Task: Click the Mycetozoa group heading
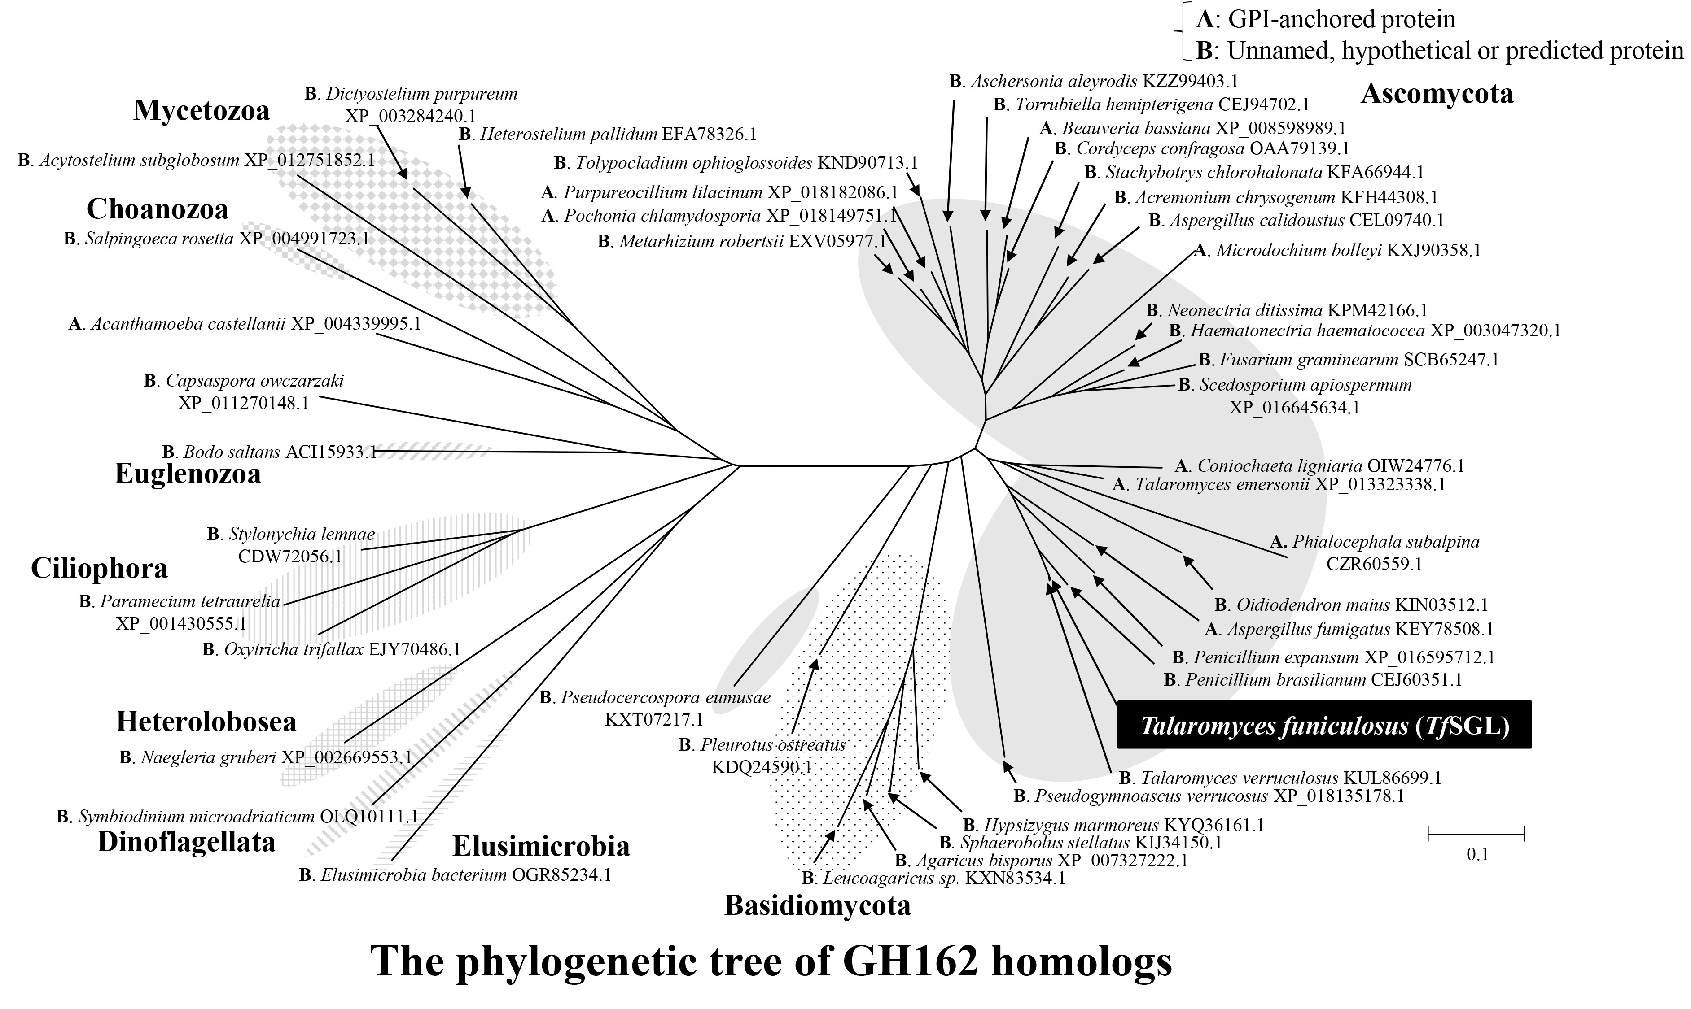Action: coord(202,110)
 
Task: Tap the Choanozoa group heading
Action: coord(157,209)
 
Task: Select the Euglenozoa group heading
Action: coord(188,474)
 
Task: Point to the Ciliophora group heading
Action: coord(99,569)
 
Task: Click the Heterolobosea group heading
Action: coord(206,722)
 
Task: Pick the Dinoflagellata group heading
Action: coord(186,842)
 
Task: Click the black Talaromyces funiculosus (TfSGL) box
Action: coord(1324,726)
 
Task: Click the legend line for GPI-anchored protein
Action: coord(1327,19)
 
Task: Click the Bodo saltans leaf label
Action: coord(269,452)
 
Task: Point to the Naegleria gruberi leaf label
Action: coord(265,757)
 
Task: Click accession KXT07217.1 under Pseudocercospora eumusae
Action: coord(654,720)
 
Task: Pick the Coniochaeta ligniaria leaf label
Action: coord(1319,466)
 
